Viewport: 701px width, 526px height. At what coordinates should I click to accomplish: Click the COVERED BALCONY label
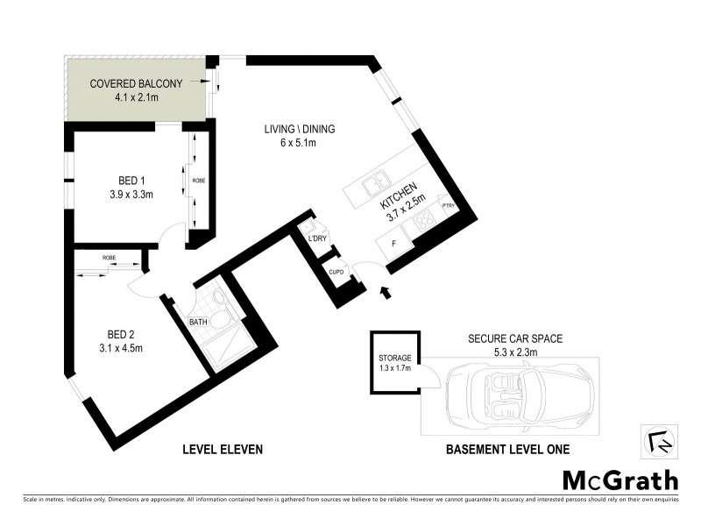(x=136, y=84)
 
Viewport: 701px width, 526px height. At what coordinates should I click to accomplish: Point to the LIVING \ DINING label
(x=300, y=130)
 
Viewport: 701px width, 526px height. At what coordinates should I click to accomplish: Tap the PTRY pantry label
(x=447, y=206)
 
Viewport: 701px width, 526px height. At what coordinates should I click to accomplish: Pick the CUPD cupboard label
(x=336, y=272)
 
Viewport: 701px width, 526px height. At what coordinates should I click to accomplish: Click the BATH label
(x=198, y=323)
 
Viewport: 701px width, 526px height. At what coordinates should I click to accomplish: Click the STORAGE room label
(x=394, y=359)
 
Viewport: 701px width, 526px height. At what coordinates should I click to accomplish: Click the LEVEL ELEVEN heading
(x=223, y=450)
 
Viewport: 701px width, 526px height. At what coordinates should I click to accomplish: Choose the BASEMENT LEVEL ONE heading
(x=508, y=450)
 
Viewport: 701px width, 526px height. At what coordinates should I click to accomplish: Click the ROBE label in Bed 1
(x=199, y=180)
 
